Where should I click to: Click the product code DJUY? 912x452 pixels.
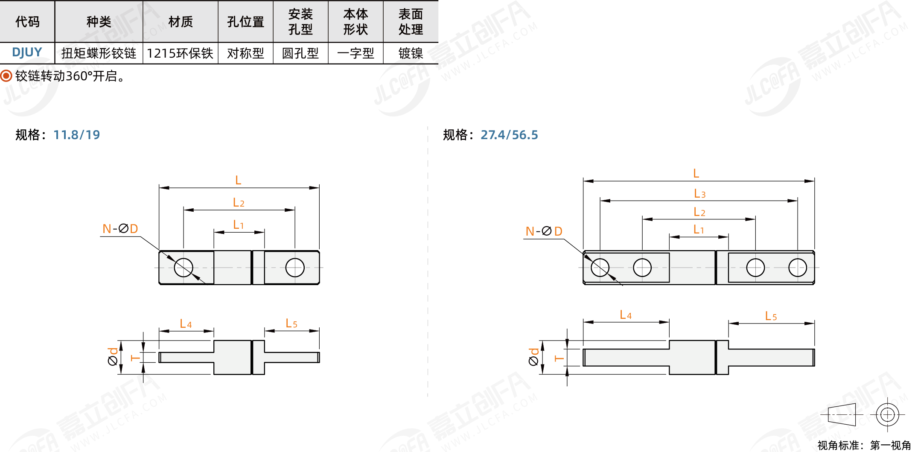pyautogui.click(x=27, y=52)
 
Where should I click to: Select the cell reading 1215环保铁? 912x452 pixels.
pyautogui.click(x=180, y=53)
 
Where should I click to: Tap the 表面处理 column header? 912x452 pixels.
pyautogui.click(x=411, y=22)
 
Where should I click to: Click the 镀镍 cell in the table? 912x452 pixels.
pyautogui.click(x=411, y=53)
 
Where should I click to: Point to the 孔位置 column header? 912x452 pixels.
pyautogui.click(x=245, y=22)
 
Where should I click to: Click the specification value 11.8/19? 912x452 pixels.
pyautogui.click(x=77, y=135)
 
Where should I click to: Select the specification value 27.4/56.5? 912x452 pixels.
pyautogui.click(x=509, y=135)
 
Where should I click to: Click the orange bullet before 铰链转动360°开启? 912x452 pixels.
pyautogui.click(x=6, y=76)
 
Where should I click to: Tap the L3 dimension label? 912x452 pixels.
pyautogui.click(x=699, y=194)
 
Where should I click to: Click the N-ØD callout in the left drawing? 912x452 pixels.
pyautogui.click(x=120, y=229)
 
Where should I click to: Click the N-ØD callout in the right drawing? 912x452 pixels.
pyautogui.click(x=544, y=231)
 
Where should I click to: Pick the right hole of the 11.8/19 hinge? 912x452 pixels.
pyautogui.click(x=295, y=268)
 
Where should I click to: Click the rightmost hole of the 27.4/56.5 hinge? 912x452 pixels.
pyautogui.click(x=798, y=268)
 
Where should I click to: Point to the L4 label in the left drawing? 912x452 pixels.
pyautogui.click(x=186, y=324)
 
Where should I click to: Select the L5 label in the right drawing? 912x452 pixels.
pyautogui.click(x=771, y=316)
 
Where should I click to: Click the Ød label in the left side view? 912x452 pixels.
pyautogui.click(x=113, y=357)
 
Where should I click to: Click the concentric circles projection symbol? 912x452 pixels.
pyautogui.click(x=887, y=414)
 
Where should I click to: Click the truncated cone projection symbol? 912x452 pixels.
pyautogui.click(x=842, y=414)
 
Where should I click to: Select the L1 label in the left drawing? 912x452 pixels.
pyautogui.click(x=238, y=225)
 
